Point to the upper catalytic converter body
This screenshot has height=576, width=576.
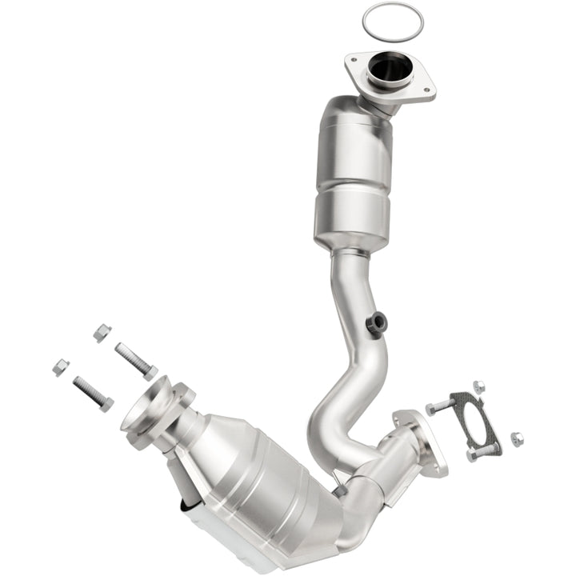coord(352,172)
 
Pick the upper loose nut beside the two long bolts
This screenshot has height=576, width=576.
coord(101,332)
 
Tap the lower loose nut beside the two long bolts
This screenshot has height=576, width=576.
coord(60,367)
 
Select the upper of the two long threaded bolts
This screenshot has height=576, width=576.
coord(135,359)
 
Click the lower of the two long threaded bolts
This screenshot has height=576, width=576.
coord(93,392)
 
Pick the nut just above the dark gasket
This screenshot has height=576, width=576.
coord(478,388)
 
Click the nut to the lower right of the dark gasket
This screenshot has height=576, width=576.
coord(517,438)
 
